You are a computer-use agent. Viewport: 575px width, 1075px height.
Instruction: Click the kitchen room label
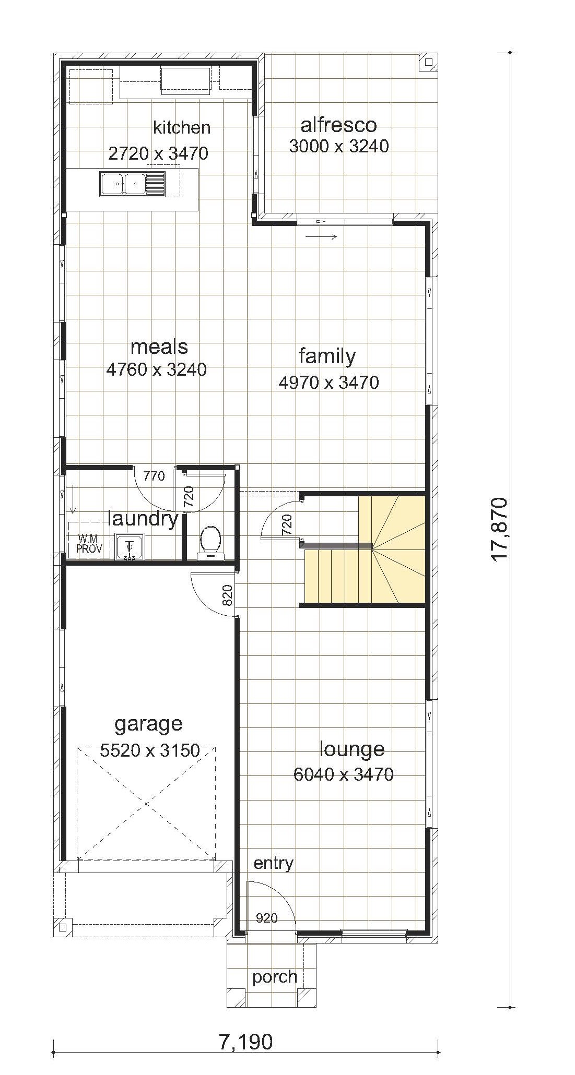click(182, 127)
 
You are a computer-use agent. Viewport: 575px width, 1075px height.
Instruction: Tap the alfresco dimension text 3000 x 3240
click(339, 146)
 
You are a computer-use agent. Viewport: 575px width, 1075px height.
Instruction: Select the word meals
click(159, 347)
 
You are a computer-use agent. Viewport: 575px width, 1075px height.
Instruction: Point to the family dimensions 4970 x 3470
click(329, 383)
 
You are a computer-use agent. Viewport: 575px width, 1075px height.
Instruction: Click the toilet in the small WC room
click(210, 542)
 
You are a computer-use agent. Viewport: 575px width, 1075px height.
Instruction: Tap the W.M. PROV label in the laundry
click(89, 544)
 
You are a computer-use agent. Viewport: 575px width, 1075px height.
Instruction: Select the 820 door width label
click(227, 595)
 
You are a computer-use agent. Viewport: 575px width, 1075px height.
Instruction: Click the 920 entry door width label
click(266, 918)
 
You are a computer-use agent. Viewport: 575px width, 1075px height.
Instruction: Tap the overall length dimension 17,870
click(499, 529)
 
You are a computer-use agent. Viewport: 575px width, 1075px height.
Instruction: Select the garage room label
click(149, 724)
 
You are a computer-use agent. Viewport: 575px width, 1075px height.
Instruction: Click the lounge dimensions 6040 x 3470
click(344, 774)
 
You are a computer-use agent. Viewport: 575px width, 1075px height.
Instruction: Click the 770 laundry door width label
click(154, 476)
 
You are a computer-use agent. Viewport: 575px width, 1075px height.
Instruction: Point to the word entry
click(273, 864)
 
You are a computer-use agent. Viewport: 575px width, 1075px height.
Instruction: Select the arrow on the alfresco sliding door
click(321, 236)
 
